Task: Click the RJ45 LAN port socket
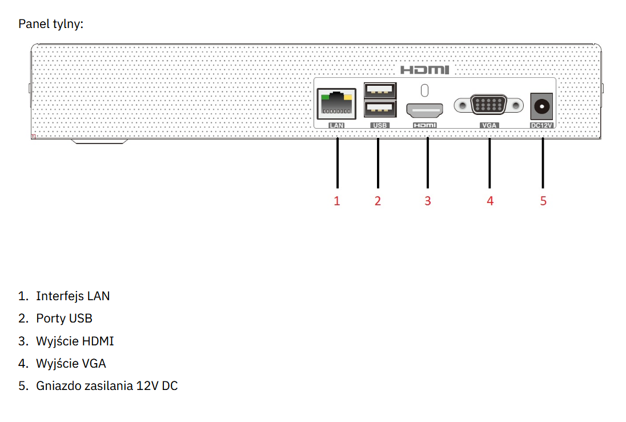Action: pos(336,105)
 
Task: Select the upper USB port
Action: pos(379,90)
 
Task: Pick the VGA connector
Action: pos(489,106)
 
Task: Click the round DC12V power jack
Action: pos(541,106)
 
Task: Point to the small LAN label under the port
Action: pos(336,124)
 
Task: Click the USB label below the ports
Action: pos(379,124)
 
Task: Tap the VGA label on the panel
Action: pos(489,124)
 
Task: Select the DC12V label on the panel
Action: pos(541,124)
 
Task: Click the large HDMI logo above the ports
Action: pos(424,70)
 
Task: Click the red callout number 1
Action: pos(337,201)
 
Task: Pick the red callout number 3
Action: pos(427,201)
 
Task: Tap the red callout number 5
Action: pos(543,201)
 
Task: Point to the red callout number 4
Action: pos(489,201)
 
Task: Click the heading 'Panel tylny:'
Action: pos(51,24)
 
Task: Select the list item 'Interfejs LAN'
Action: pos(73,296)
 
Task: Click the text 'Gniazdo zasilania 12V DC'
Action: pos(107,386)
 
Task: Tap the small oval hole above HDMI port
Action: pos(424,90)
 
